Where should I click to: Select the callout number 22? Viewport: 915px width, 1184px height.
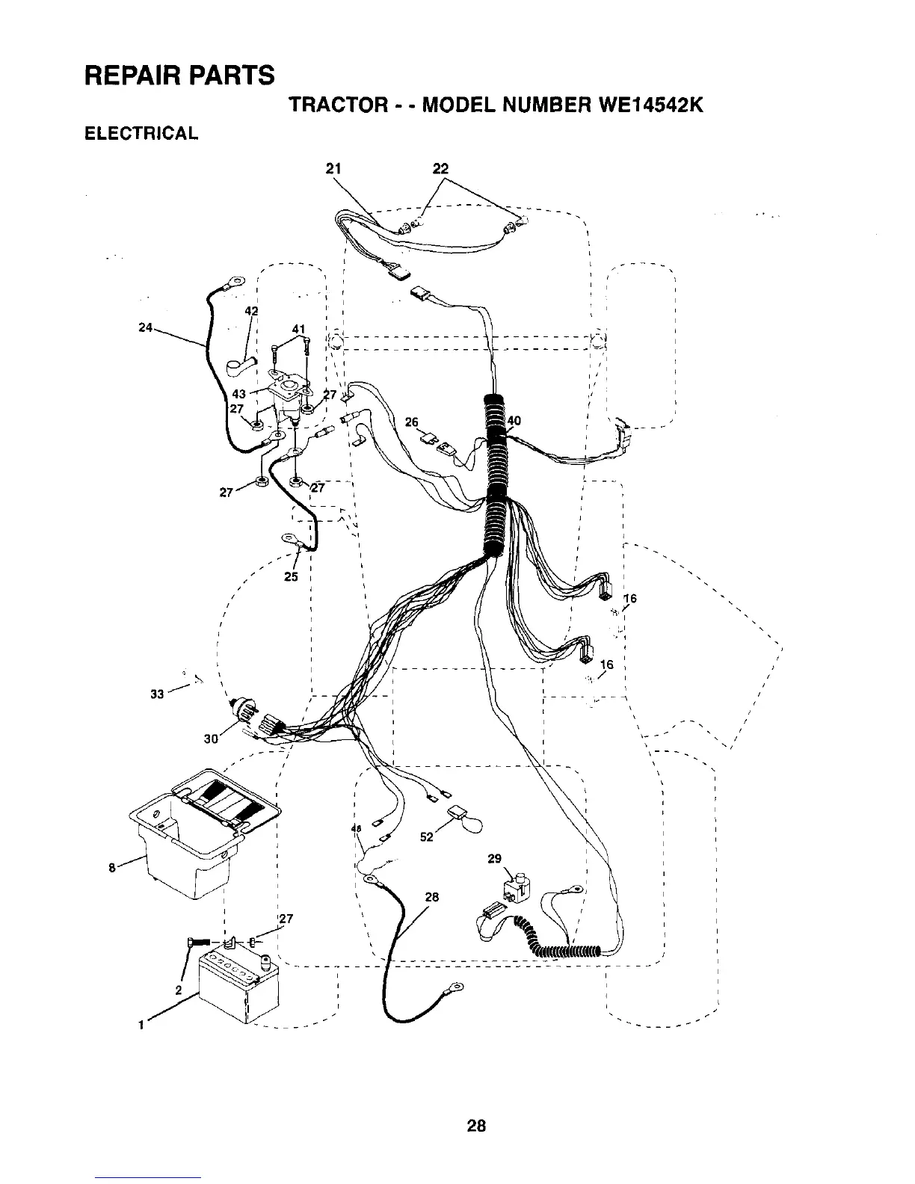point(440,167)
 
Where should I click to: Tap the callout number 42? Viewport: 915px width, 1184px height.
point(251,311)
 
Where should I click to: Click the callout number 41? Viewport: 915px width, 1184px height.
point(298,329)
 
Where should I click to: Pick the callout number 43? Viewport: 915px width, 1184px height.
point(239,395)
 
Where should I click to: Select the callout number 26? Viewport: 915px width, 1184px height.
point(410,422)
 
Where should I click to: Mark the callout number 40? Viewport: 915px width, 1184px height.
point(514,421)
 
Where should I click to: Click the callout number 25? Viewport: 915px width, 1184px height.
point(291,576)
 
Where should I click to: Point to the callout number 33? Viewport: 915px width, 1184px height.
point(156,694)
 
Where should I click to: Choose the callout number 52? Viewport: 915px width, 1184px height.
point(427,837)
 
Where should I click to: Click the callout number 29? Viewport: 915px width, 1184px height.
point(494,859)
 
